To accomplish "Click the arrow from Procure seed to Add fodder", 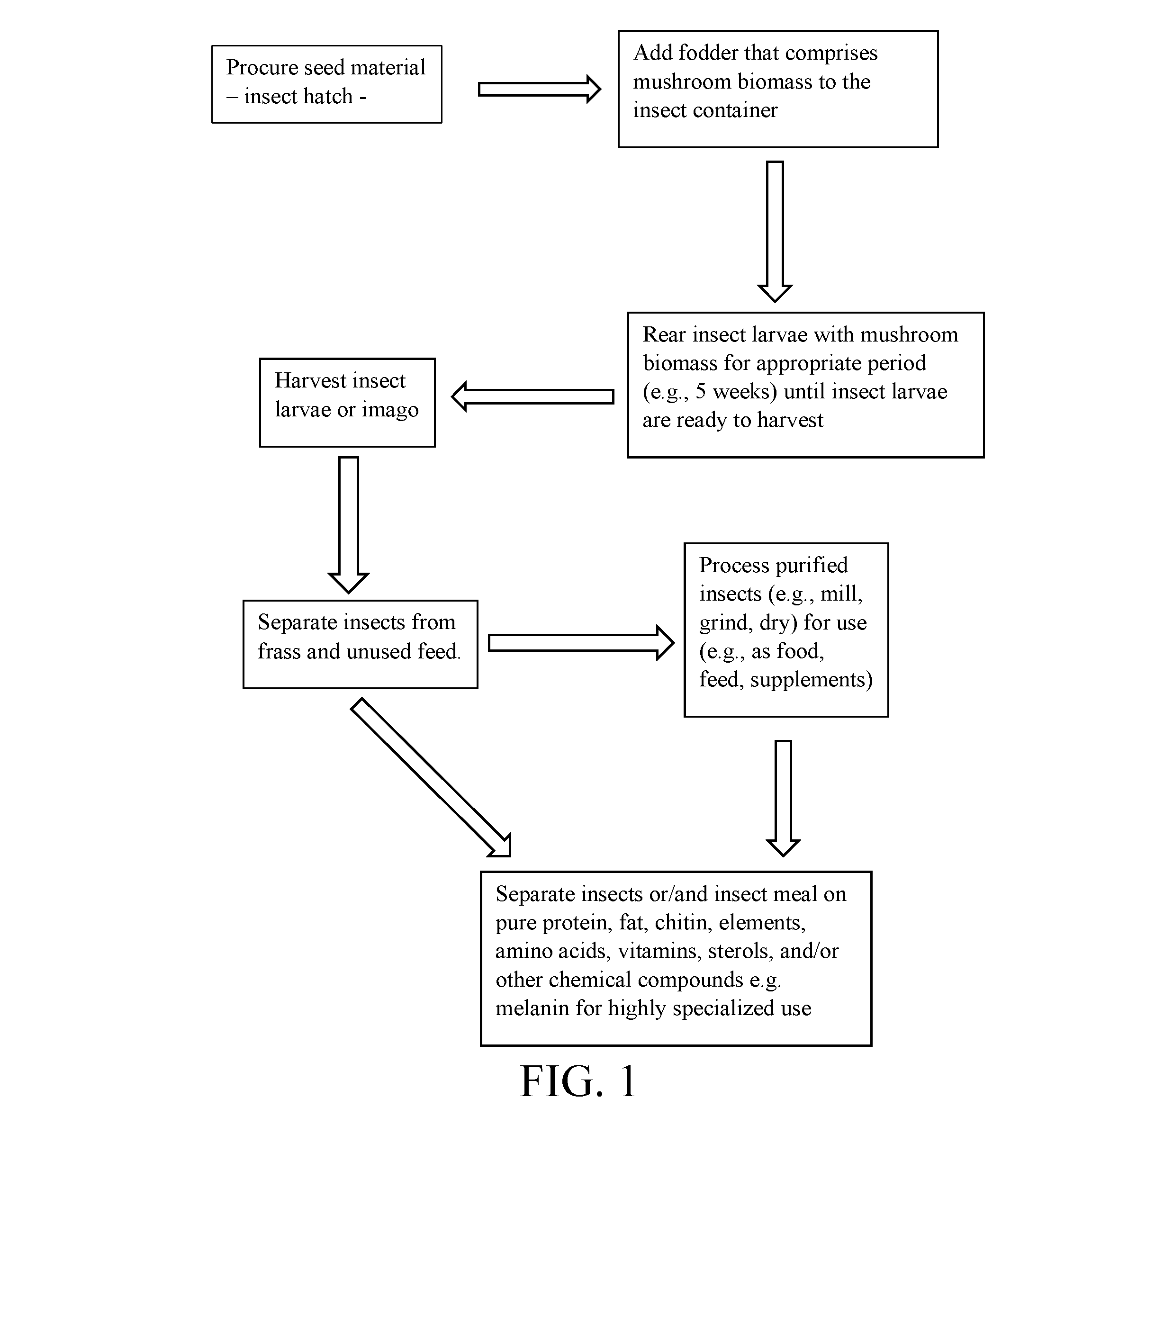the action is (x=540, y=90).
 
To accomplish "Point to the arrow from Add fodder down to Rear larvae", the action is (x=775, y=232).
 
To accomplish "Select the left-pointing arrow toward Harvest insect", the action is (x=532, y=397).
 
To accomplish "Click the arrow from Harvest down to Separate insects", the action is (x=349, y=525).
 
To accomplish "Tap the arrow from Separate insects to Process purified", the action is (x=581, y=643).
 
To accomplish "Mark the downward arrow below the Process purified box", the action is (x=784, y=799).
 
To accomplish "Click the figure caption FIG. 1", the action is (x=578, y=1081).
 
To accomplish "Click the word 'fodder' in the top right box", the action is (x=707, y=53).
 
